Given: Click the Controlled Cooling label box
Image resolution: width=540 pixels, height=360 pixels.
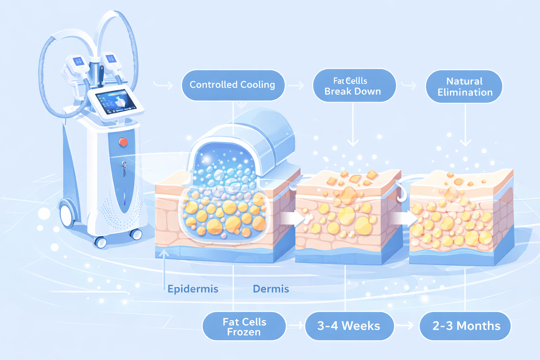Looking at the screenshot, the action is coord(233,85).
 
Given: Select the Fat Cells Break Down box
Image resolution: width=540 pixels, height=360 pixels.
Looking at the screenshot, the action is coord(354,86).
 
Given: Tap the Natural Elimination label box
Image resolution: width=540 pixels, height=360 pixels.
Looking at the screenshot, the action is coord(464,86).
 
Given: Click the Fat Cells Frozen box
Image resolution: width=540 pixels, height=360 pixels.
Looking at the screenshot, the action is coord(244,326).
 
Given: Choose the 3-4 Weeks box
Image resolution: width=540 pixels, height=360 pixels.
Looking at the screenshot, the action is coord(349,326).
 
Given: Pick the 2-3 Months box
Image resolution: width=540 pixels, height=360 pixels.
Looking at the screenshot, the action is coord(465,326).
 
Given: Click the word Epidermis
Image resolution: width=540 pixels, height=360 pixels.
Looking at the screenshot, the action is coord(193,289).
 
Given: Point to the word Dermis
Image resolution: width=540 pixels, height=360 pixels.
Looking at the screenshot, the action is coord(271,289).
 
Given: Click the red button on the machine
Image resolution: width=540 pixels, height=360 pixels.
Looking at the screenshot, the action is coord(123,142).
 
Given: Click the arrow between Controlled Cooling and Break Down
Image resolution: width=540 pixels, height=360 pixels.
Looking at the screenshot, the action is coord(296,85).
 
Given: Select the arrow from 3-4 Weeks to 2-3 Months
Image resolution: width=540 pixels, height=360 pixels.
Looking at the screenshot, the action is coord(406,326).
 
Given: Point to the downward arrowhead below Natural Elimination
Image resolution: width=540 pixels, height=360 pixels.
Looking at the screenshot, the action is coord(465,142).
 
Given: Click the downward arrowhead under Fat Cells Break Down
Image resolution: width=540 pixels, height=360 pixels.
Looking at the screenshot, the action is coord(353,142).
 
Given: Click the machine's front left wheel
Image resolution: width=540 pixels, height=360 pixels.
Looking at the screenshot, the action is coord(67,215).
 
